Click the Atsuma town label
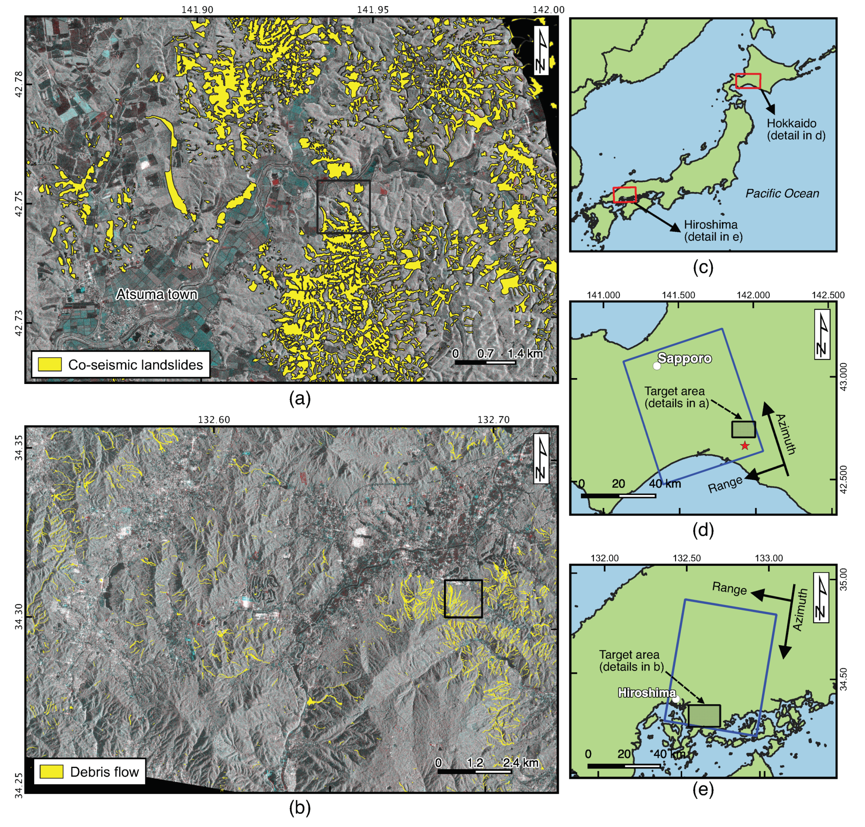(156, 294)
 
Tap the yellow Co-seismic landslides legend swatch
(49, 364)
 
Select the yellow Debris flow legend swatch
(51, 771)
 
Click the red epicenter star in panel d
(745, 446)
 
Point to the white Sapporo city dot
(657, 366)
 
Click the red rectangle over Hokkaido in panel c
(748, 81)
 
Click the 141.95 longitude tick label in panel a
(373, 10)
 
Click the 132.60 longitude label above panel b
(214, 419)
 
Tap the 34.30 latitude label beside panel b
(19, 616)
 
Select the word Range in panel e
(729, 588)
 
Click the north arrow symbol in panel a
(541, 50)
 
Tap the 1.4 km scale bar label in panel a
(525, 353)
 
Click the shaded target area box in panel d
(743, 429)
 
